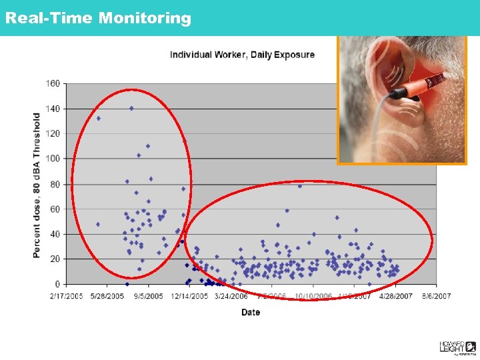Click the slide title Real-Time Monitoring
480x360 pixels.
tap(97, 18)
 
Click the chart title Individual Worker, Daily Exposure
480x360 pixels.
tap(242, 55)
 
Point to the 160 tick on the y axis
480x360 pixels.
tap(53, 83)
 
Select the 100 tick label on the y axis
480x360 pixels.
tap(53, 159)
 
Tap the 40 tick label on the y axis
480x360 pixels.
tap(55, 234)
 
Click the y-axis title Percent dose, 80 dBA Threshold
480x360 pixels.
tap(37, 185)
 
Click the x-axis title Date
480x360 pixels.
tap(251, 312)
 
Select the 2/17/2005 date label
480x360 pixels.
tap(65, 295)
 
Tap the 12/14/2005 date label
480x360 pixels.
tap(190, 295)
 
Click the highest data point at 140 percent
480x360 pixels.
tap(131, 108)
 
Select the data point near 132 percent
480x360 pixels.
tap(98, 119)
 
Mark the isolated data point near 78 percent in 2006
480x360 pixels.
tap(300, 186)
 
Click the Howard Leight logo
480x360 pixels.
tap(457, 347)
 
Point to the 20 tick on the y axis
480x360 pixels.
tap(55, 259)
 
